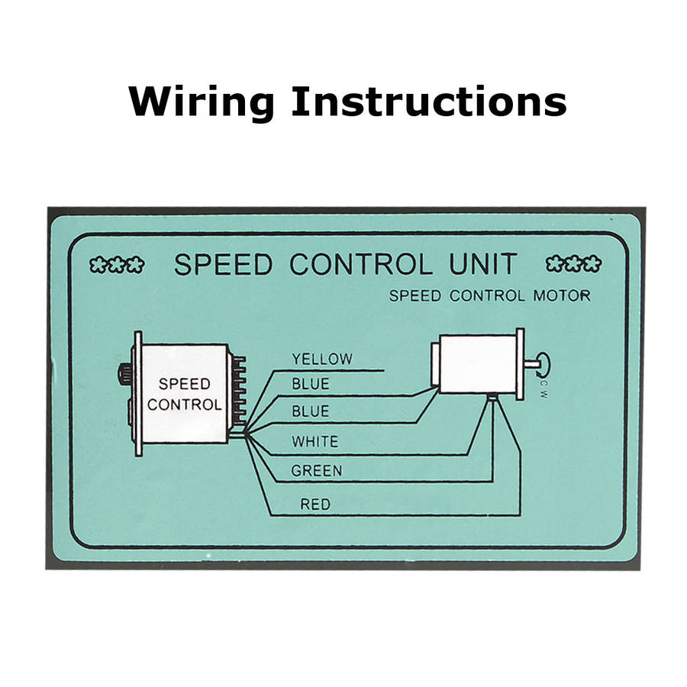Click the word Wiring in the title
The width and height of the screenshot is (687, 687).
(x=202, y=103)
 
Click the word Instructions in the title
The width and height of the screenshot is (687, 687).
(x=429, y=102)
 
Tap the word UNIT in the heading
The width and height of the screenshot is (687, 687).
(x=483, y=264)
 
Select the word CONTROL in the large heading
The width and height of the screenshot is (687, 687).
(x=361, y=264)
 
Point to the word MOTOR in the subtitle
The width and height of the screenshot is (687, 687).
(x=562, y=295)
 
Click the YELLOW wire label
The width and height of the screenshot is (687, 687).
(x=322, y=360)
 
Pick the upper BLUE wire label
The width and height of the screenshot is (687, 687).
(x=311, y=384)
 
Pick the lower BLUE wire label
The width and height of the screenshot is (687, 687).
(x=311, y=411)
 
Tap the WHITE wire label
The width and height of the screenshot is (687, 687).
(x=315, y=441)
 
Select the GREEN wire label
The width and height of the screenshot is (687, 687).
(x=316, y=471)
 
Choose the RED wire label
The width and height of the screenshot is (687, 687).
(x=315, y=505)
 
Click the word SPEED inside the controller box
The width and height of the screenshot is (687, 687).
(x=185, y=384)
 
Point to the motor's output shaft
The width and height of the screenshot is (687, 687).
(x=531, y=363)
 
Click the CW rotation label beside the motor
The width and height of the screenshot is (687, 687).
(x=543, y=389)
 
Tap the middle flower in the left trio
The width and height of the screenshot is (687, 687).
(x=117, y=265)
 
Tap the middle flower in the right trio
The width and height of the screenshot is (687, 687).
(x=573, y=264)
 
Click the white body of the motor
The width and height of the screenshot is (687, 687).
(x=478, y=364)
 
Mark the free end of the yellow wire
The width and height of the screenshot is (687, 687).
(x=384, y=371)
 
